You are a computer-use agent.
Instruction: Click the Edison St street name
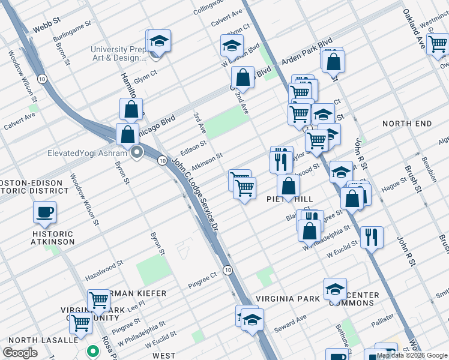point(193,144)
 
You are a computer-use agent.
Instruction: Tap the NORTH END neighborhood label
point(407,124)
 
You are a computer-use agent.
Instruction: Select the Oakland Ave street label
point(414,28)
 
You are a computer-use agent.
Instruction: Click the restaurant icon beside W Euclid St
point(372,237)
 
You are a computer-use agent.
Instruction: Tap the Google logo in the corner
point(20,353)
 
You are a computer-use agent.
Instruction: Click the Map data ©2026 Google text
point(412,355)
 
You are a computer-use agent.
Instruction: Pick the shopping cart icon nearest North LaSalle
point(80,323)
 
